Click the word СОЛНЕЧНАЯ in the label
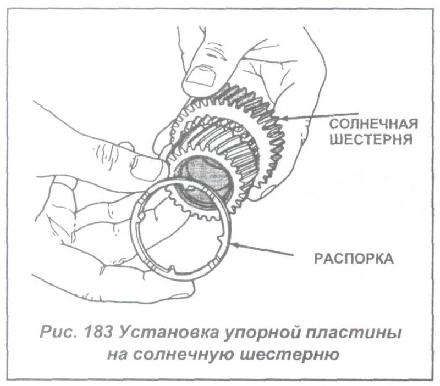[373, 124]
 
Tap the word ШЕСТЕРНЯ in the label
[371, 139]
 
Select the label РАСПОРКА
[354, 259]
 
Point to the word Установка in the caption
[168, 333]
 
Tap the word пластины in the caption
[353, 333]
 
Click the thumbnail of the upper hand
[201, 75]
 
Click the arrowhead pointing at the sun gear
[283, 118]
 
